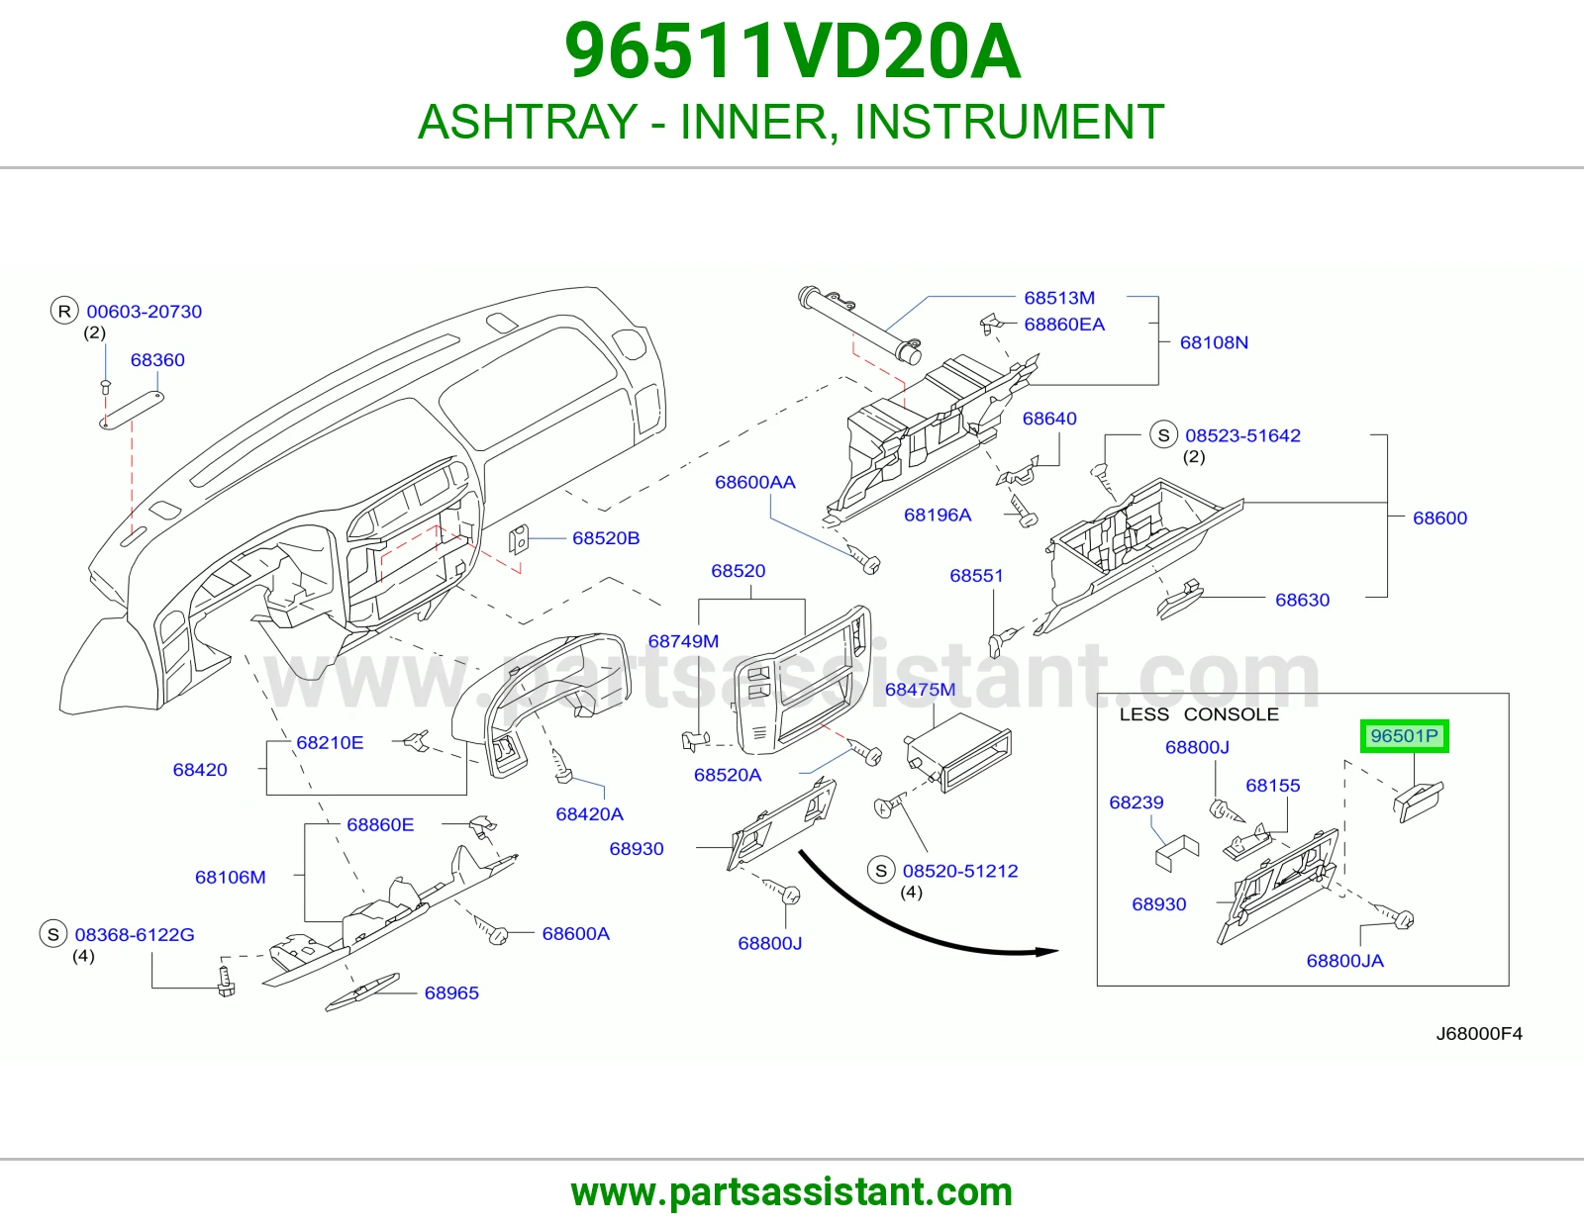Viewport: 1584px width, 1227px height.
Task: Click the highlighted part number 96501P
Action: (x=1404, y=736)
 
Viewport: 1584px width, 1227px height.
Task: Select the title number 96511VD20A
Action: (x=792, y=51)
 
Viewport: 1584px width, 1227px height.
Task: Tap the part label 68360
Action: (x=157, y=360)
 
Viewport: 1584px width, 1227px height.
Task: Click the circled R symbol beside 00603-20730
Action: (x=64, y=311)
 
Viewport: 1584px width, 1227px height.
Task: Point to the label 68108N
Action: (x=1214, y=342)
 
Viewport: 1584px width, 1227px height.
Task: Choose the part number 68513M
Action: (x=1059, y=298)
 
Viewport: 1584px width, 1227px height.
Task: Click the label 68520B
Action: (x=606, y=538)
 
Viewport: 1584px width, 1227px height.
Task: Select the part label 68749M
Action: (x=683, y=641)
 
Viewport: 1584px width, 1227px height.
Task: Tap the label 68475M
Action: (x=920, y=690)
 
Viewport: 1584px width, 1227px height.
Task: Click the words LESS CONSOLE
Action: (x=1199, y=714)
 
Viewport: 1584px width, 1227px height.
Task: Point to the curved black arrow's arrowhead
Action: (x=1048, y=951)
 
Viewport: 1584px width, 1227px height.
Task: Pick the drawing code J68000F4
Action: (x=1479, y=1034)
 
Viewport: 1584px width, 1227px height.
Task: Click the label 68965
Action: (x=451, y=993)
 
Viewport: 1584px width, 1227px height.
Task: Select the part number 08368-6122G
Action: (x=135, y=935)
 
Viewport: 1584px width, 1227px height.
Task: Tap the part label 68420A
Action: (x=589, y=814)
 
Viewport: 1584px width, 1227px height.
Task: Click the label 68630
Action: (x=1302, y=601)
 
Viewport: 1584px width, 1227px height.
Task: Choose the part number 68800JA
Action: (x=1344, y=961)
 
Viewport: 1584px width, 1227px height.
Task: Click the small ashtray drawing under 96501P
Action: (x=1418, y=802)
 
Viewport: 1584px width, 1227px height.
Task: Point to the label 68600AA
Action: (x=754, y=482)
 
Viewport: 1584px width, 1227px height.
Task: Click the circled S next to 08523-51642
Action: (x=1163, y=435)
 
